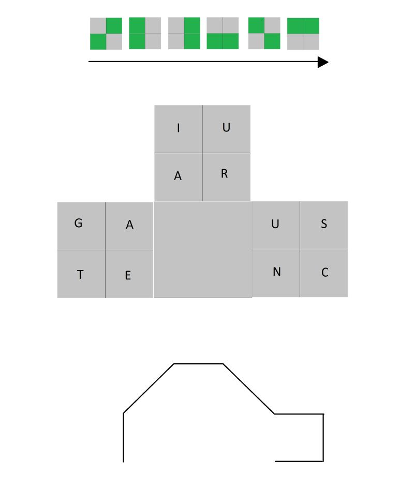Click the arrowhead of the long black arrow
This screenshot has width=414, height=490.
tap(323, 62)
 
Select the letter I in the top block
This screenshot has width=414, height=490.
tap(179, 128)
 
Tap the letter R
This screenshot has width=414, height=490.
tap(224, 174)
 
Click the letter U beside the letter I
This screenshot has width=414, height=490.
tap(226, 128)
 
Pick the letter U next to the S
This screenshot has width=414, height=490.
tap(275, 224)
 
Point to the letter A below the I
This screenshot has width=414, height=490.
tap(178, 176)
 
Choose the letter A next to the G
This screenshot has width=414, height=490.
tap(129, 225)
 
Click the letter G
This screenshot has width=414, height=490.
tap(79, 224)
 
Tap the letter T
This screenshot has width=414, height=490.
tap(80, 275)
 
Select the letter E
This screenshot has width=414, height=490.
tap(128, 276)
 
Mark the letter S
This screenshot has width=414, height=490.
tap(324, 224)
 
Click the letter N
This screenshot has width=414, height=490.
tap(276, 272)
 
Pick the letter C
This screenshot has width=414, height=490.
tap(324, 273)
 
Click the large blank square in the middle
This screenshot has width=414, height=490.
tap(203, 249)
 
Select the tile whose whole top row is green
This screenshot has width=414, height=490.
tap(303, 34)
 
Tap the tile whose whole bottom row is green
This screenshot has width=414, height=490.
tap(223, 34)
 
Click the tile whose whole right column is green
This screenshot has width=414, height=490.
tap(184, 34)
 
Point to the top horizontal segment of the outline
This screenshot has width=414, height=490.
tap(198, 364)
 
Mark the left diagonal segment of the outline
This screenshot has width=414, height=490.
tap(149, 389)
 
